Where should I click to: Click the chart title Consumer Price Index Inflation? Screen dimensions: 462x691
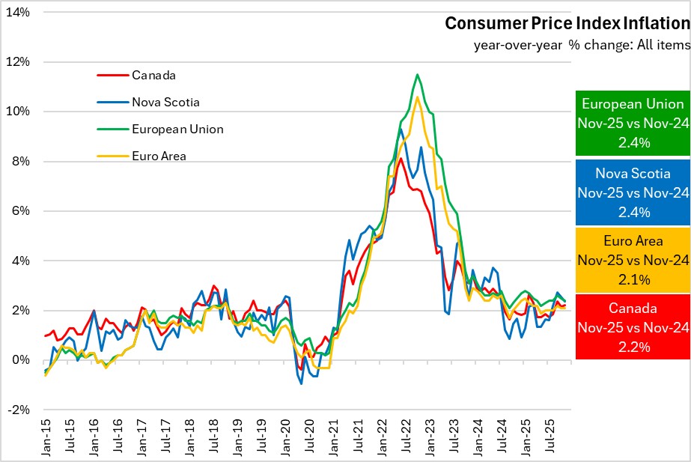click(x=567, y=23)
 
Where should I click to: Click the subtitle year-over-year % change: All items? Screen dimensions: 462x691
click(x=581, y=44)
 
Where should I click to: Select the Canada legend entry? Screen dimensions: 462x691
click(x=153, y=75)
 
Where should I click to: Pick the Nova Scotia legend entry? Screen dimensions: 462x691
click(x=165, y=102)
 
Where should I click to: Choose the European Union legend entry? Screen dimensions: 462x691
click(x=177, y=129)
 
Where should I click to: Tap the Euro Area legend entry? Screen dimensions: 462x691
click(x=159, y=156)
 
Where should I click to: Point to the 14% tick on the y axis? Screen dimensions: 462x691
click(x=18, y=12)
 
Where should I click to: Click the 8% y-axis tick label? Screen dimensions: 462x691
click(x=21, y=161)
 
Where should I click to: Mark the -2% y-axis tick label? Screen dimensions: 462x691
click(x=18, y=410)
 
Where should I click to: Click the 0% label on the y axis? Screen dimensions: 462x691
click(x=21, y=360)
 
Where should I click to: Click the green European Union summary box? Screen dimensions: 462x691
click(x=633, y=124)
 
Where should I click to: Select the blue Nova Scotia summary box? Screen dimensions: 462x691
click(x=633, y=192)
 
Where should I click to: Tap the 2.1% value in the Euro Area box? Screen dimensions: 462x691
click(x=633, y=279)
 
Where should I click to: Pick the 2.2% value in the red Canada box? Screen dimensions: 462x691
click(x=633, y=347)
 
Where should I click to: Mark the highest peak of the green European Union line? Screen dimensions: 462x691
click(x=417, y=74)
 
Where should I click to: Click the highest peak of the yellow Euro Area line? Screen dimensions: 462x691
click(x=417, y=97)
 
